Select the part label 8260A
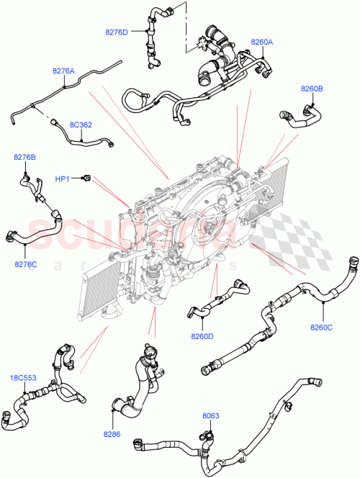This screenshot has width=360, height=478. point(261,42)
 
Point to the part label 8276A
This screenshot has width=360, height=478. point(63,71)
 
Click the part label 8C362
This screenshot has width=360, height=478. point(81,125)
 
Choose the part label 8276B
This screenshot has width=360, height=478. point(24,156)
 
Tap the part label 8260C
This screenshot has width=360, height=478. point(321,328)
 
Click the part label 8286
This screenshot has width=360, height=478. point(112,436)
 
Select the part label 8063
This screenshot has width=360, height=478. point(210,415)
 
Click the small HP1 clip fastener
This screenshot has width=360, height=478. point(86,176)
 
